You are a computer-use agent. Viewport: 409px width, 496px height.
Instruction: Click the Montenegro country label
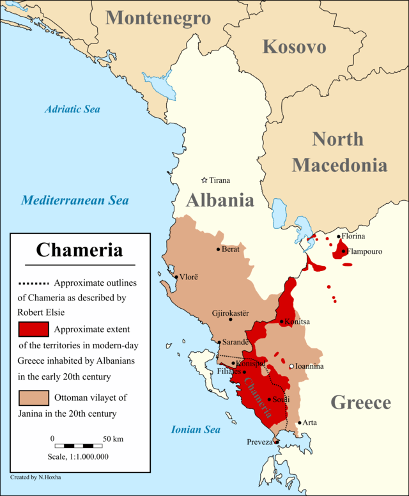158,17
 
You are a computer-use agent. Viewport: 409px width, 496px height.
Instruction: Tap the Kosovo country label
294,47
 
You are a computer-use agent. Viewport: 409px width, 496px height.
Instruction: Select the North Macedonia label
339,151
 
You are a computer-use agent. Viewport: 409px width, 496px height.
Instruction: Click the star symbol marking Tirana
204,180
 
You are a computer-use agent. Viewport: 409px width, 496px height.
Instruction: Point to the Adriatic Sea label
73,109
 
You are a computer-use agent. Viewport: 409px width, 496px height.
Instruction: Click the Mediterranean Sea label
75,200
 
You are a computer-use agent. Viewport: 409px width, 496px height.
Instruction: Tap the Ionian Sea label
196,430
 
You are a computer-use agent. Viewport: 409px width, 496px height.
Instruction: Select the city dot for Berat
219,249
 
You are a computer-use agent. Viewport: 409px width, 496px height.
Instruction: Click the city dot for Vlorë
176,277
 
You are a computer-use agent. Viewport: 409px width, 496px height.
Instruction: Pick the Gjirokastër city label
230,313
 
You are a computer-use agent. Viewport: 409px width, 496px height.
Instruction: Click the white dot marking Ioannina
291,366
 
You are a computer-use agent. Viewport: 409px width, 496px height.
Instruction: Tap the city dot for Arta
299,422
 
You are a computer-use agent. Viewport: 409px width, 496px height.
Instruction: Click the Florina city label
353,236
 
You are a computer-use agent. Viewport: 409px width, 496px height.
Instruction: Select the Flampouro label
366,251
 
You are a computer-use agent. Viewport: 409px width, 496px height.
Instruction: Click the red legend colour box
33,329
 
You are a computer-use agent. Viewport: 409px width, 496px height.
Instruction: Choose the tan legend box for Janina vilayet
33,397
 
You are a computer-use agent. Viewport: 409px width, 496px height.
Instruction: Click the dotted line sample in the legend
34,283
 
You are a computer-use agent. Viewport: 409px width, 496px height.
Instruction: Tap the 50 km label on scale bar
113,438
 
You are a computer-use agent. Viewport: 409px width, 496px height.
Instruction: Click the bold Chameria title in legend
79,249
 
